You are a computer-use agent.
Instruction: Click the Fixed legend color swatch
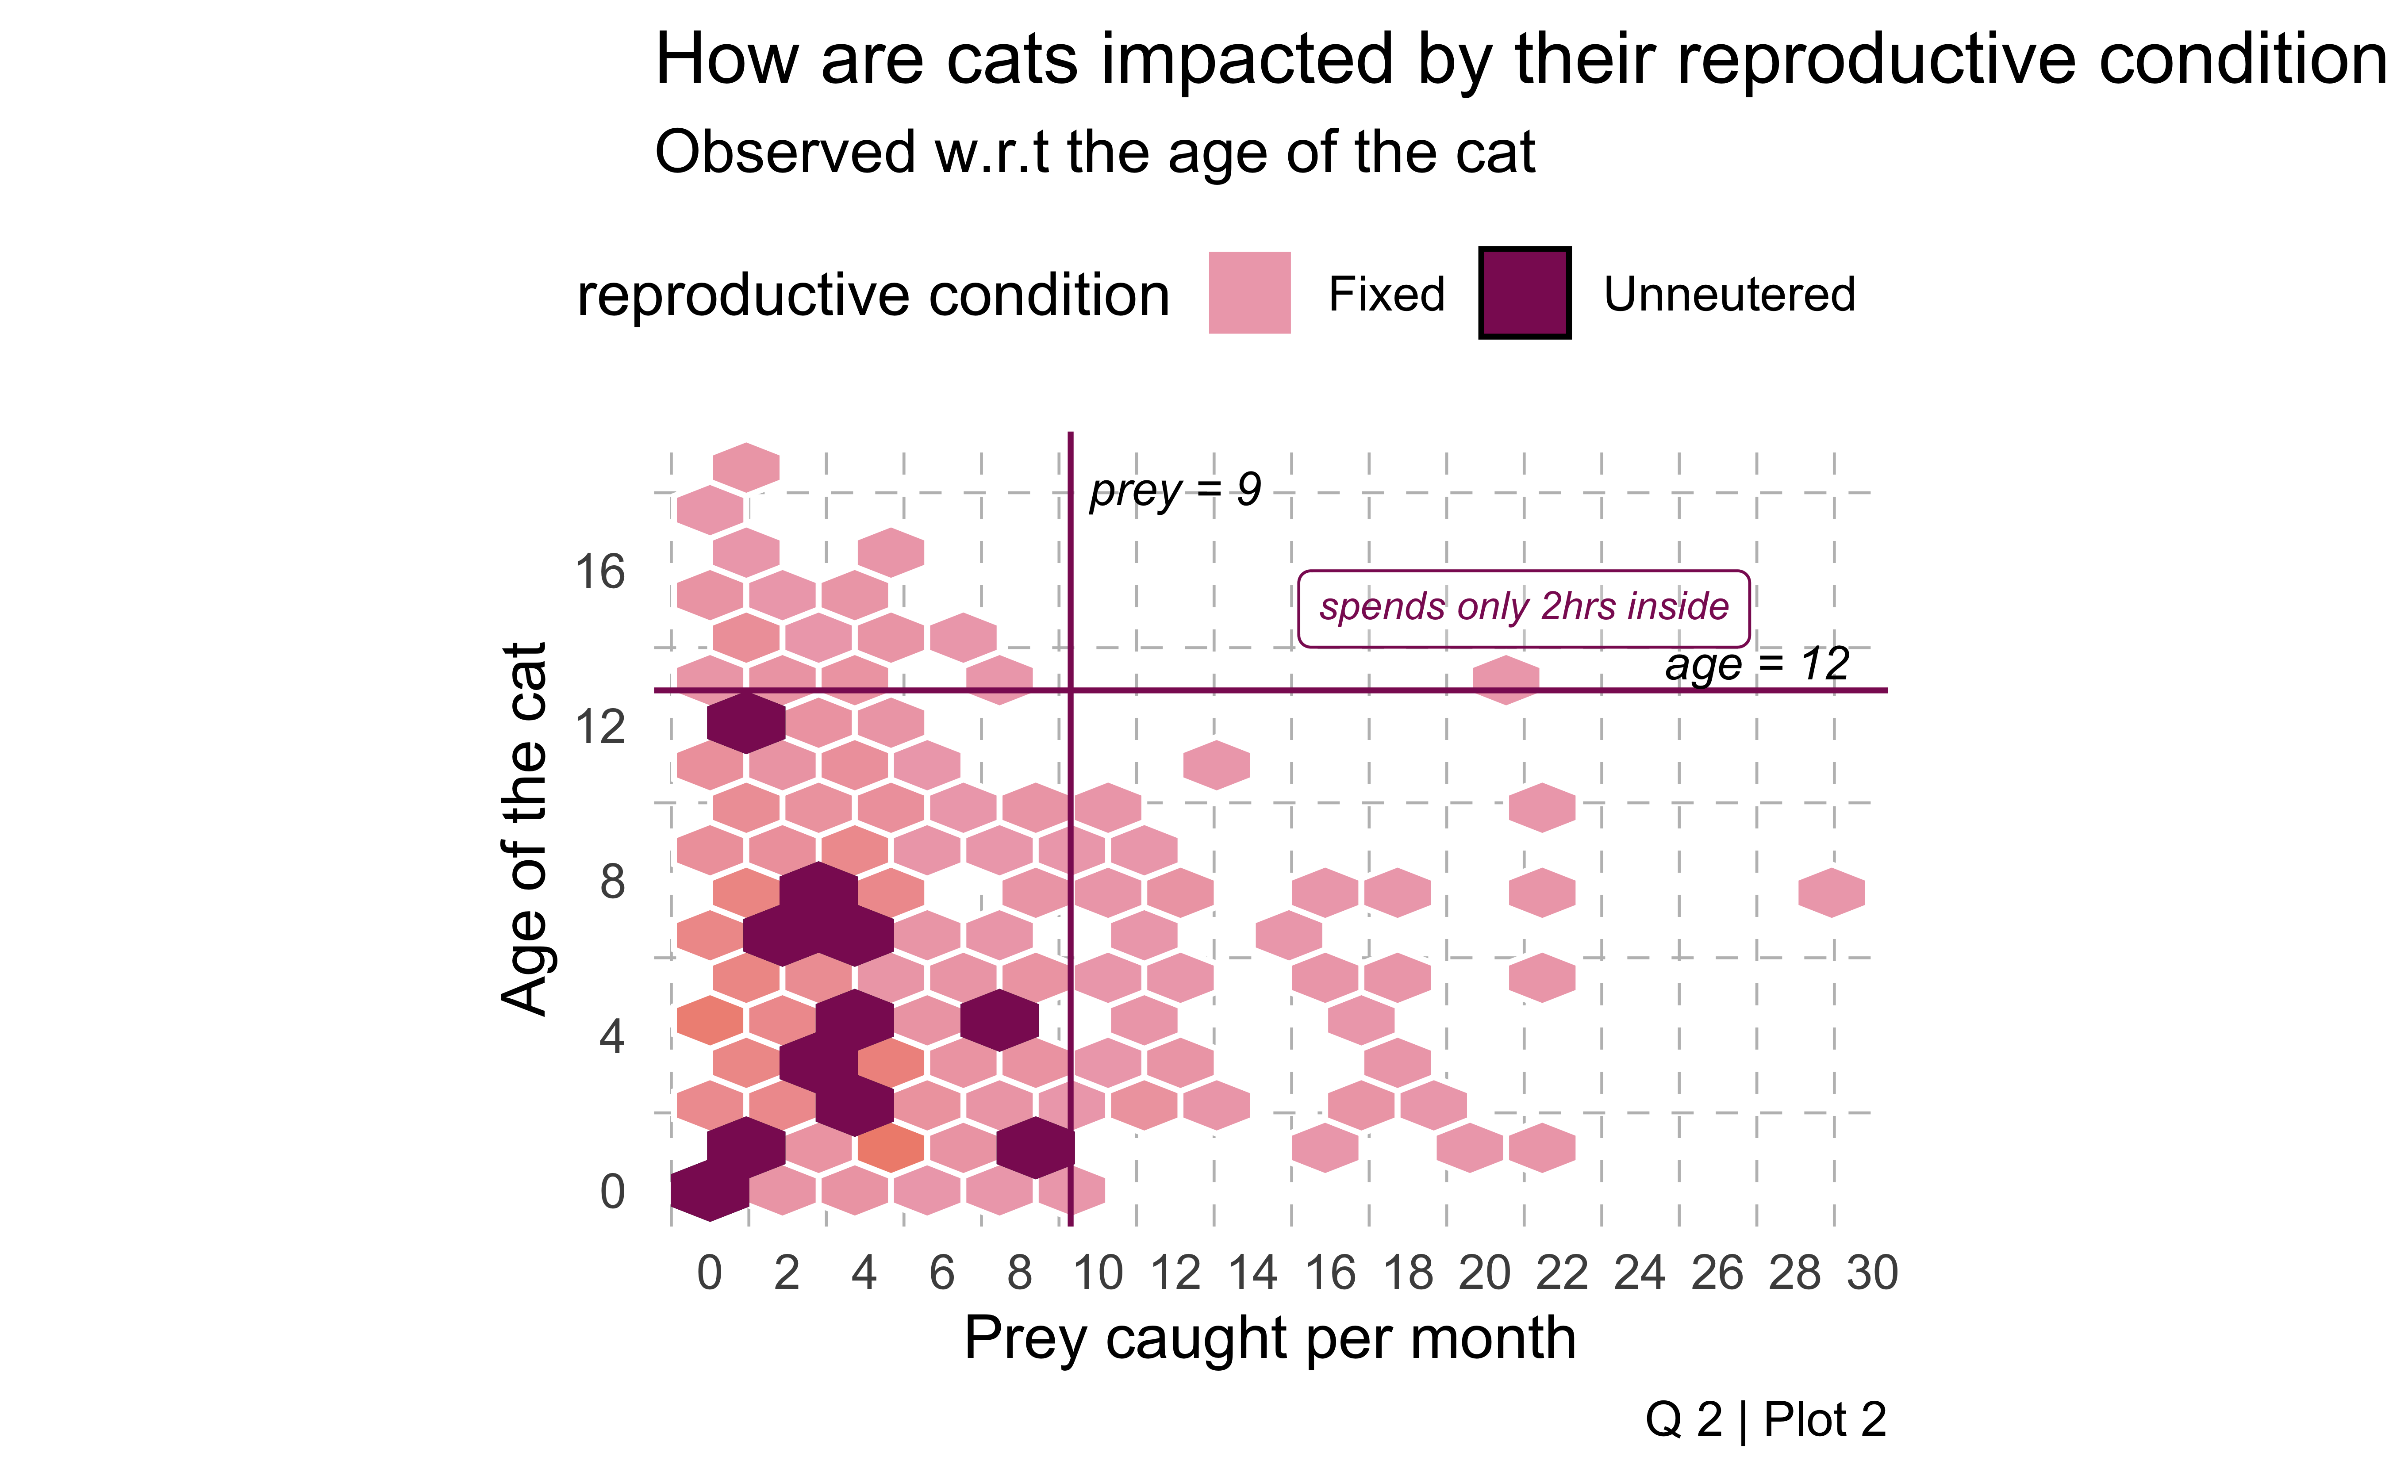pyautogui.click(x=1248, y=293)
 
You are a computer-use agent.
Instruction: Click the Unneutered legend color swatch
pyautogui.click(x=1524, y=293)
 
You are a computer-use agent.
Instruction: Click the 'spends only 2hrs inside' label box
pyautogui.click(x=1523, y=608)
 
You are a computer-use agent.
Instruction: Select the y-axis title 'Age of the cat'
pyautogui.click(x=524, y=830)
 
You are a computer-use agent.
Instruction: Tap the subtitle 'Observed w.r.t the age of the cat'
pyautogui.click(x=1094, y=153)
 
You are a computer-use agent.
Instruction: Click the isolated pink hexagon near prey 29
pyautogui.click(x=1832, y=892)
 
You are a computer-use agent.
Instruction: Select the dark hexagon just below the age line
pyautogui.click(x=746, y=722)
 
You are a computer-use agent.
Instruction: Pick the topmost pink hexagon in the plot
pyautogui.click(x=746, y=467)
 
